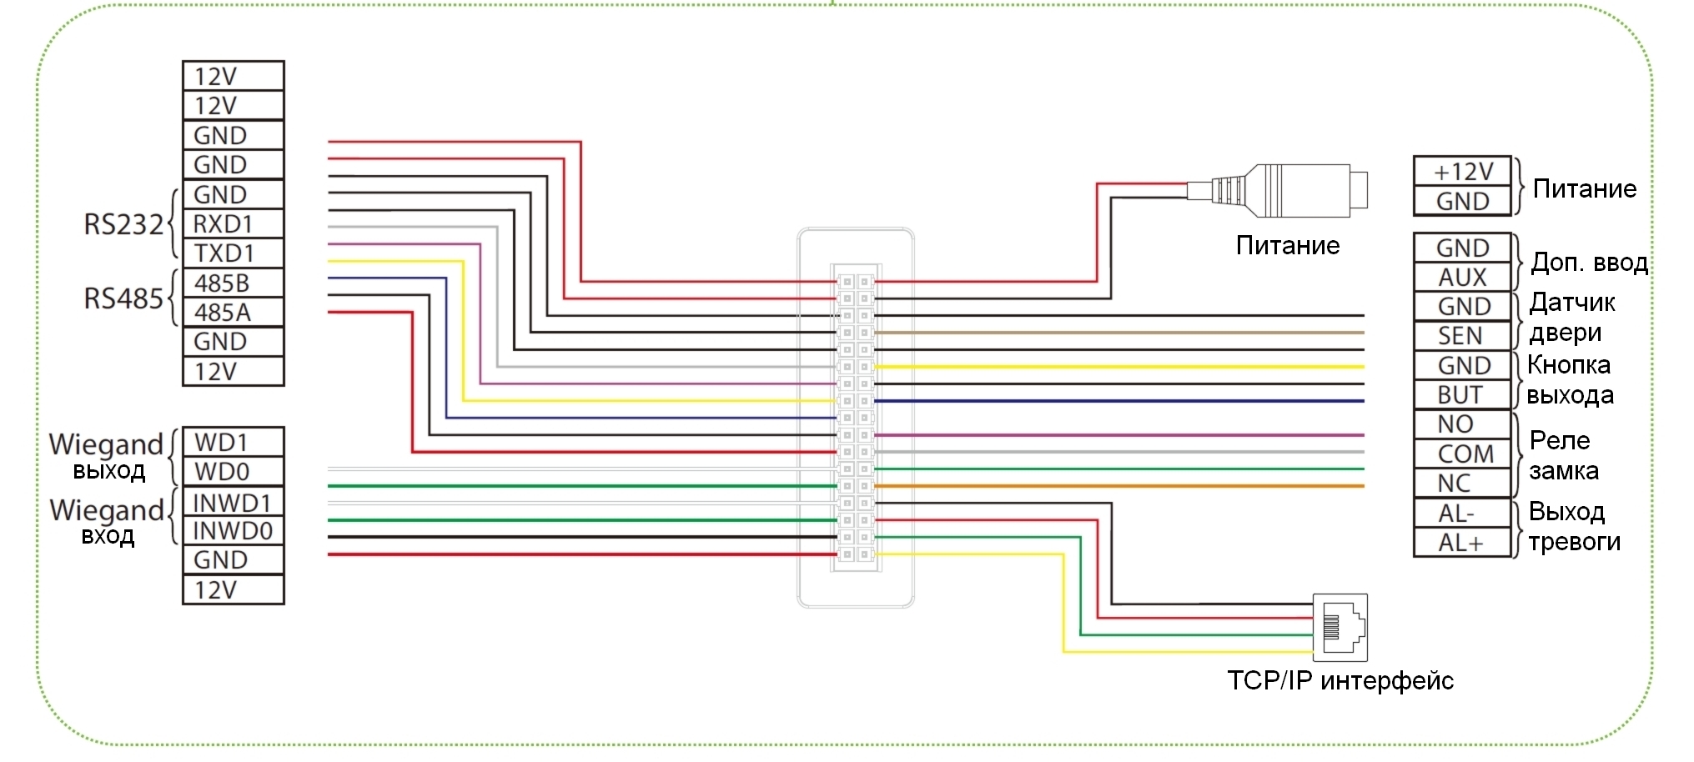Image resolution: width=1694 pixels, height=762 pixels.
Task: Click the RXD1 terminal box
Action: click(233, 223)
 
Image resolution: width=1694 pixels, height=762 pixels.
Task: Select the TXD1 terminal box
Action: click(233, 253)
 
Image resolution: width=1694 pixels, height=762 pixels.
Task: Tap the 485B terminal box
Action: click(233, 283)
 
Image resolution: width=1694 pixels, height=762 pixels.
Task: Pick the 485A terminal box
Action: click(233, 312)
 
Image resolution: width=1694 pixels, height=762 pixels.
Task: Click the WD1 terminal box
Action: click(233, 442)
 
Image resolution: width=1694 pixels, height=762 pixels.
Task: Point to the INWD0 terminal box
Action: click(233, 530)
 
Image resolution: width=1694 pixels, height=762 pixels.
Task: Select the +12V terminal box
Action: click(1462, 171)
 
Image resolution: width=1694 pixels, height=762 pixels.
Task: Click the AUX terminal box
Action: click(1462, 277)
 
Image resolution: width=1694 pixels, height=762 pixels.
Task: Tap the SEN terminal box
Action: click(1462, 335)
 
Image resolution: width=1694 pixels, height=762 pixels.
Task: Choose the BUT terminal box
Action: click(1462, 394)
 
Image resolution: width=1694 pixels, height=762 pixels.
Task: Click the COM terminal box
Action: click(1462, 454)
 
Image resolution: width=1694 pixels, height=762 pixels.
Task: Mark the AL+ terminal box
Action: click(1462, 543)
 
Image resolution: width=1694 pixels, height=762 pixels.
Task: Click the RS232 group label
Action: click(123, 224)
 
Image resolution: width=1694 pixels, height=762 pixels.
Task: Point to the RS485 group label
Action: click(123, 298)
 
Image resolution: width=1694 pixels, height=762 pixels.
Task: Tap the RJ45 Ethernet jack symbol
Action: click(1340, 627)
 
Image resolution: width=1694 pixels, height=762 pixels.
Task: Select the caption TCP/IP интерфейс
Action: click(1340, 680)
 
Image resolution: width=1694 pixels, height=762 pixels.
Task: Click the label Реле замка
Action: click(1562, 455)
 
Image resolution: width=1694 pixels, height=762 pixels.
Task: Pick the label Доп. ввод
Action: click(1589, 263)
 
